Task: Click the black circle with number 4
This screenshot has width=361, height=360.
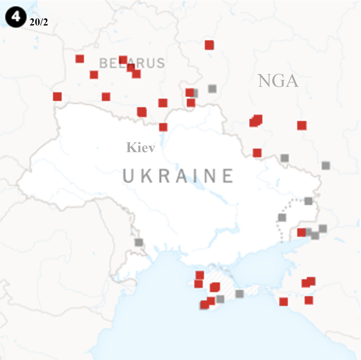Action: point(16,17)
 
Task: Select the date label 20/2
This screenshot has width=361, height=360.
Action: point(39,22)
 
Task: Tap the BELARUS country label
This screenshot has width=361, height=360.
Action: point(132,63)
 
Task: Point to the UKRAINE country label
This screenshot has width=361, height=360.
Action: point(178,176)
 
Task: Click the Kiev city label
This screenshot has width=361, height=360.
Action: point(140,148)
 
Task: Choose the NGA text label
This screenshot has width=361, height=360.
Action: point(278,81)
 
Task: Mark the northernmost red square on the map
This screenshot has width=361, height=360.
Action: point(209,45)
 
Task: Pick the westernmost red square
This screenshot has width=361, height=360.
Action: point(57,96)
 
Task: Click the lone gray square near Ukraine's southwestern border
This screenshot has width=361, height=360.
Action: point(139,242)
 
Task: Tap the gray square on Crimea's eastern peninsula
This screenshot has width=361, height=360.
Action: point(239,294)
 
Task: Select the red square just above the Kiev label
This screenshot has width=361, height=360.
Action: point(163,127)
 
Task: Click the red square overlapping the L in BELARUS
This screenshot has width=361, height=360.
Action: point(123,60)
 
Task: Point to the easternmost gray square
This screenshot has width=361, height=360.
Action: point(326,166)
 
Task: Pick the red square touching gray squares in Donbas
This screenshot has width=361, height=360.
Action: point(301,233)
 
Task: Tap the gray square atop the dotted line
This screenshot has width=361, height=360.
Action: point(308,201)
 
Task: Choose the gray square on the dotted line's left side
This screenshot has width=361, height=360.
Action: point(282,218)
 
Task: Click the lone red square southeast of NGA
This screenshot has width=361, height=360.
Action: point(302,125)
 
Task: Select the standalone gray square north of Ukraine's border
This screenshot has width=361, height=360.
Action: point(212,88)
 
